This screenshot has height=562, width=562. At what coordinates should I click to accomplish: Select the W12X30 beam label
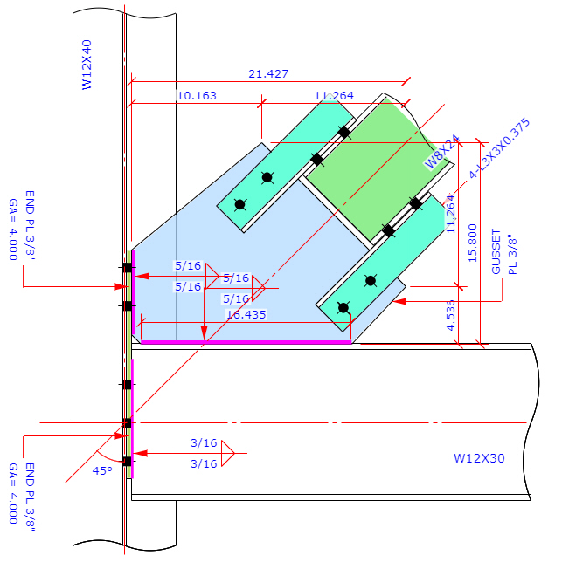click(x=479, y=458)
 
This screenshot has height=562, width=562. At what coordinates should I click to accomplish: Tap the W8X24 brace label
click(x=442, y=150)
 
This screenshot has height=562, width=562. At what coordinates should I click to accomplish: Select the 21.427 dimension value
click(x=268, y=74)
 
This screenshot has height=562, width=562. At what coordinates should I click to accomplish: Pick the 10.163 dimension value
click(x=197, y=95)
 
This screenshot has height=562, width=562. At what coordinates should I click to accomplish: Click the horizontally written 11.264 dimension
click(x=333, y=95)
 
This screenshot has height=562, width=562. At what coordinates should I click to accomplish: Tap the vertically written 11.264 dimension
click(x=451, y=213)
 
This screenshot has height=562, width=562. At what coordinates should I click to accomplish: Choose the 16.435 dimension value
click(x=246, y=314)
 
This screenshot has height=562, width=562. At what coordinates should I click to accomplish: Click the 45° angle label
click(x=102, y=470)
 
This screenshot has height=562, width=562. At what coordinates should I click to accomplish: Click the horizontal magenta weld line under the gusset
click(x=246, y=342)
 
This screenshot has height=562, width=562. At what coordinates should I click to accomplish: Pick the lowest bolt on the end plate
click(x=127, y=461)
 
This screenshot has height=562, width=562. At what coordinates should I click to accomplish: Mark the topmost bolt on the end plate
click(x=127, y=267)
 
